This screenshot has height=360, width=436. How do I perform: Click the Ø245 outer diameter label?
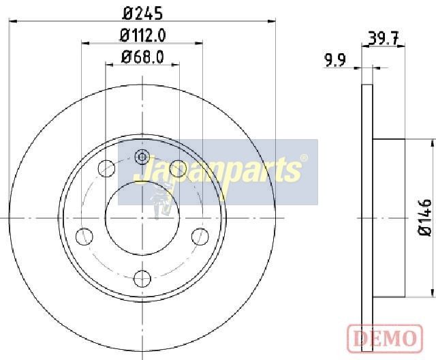tap(142, 14)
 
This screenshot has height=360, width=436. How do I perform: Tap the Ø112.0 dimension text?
tap(142, 35)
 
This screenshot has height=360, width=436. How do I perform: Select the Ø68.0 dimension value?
tap(142, 57)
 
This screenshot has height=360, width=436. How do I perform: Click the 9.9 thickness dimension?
tap(335, 61)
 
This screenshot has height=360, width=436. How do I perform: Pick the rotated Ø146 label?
tap(425, 217)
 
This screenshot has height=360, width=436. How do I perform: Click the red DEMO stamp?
tap(385, 338)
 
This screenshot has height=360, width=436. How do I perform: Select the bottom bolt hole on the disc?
tap(142, 278)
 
